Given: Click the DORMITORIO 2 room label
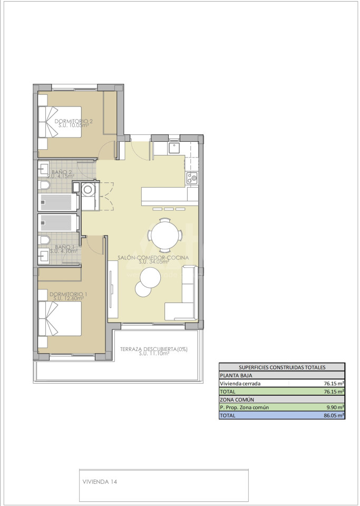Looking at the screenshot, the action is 74,121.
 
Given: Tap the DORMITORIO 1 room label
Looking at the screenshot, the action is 69,294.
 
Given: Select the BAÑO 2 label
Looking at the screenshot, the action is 62,172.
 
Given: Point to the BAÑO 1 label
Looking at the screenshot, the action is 64,247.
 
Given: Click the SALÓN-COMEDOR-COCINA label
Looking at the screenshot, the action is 153,258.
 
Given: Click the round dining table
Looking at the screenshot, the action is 165,235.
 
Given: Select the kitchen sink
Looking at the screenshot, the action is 174,149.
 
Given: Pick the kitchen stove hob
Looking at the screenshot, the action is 192,178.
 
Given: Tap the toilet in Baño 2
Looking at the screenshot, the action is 44,185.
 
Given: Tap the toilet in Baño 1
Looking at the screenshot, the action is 44,240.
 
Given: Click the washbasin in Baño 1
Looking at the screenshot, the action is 43,256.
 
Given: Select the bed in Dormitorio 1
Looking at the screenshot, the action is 60,318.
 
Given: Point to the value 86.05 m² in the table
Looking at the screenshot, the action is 334,415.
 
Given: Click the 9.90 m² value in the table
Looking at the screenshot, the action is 335,407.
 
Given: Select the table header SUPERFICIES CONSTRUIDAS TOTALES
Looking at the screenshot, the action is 282,367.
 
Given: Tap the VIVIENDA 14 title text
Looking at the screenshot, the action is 100,482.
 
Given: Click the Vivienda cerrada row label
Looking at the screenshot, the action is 240,384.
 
